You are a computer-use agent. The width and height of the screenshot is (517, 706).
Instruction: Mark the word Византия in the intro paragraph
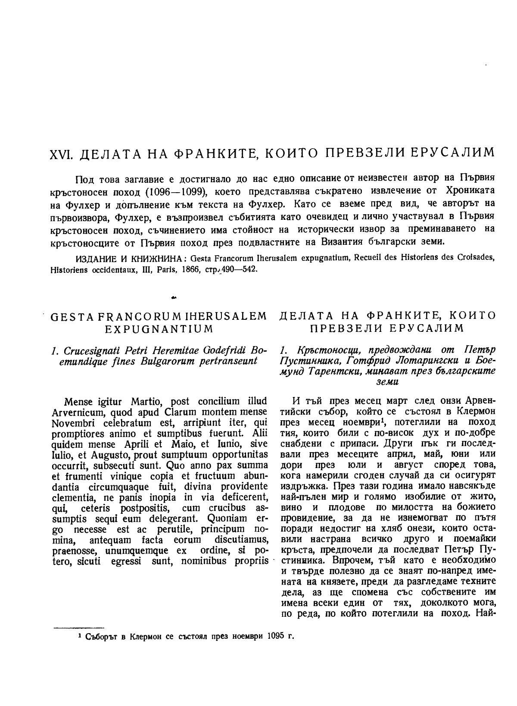click(340, 240)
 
